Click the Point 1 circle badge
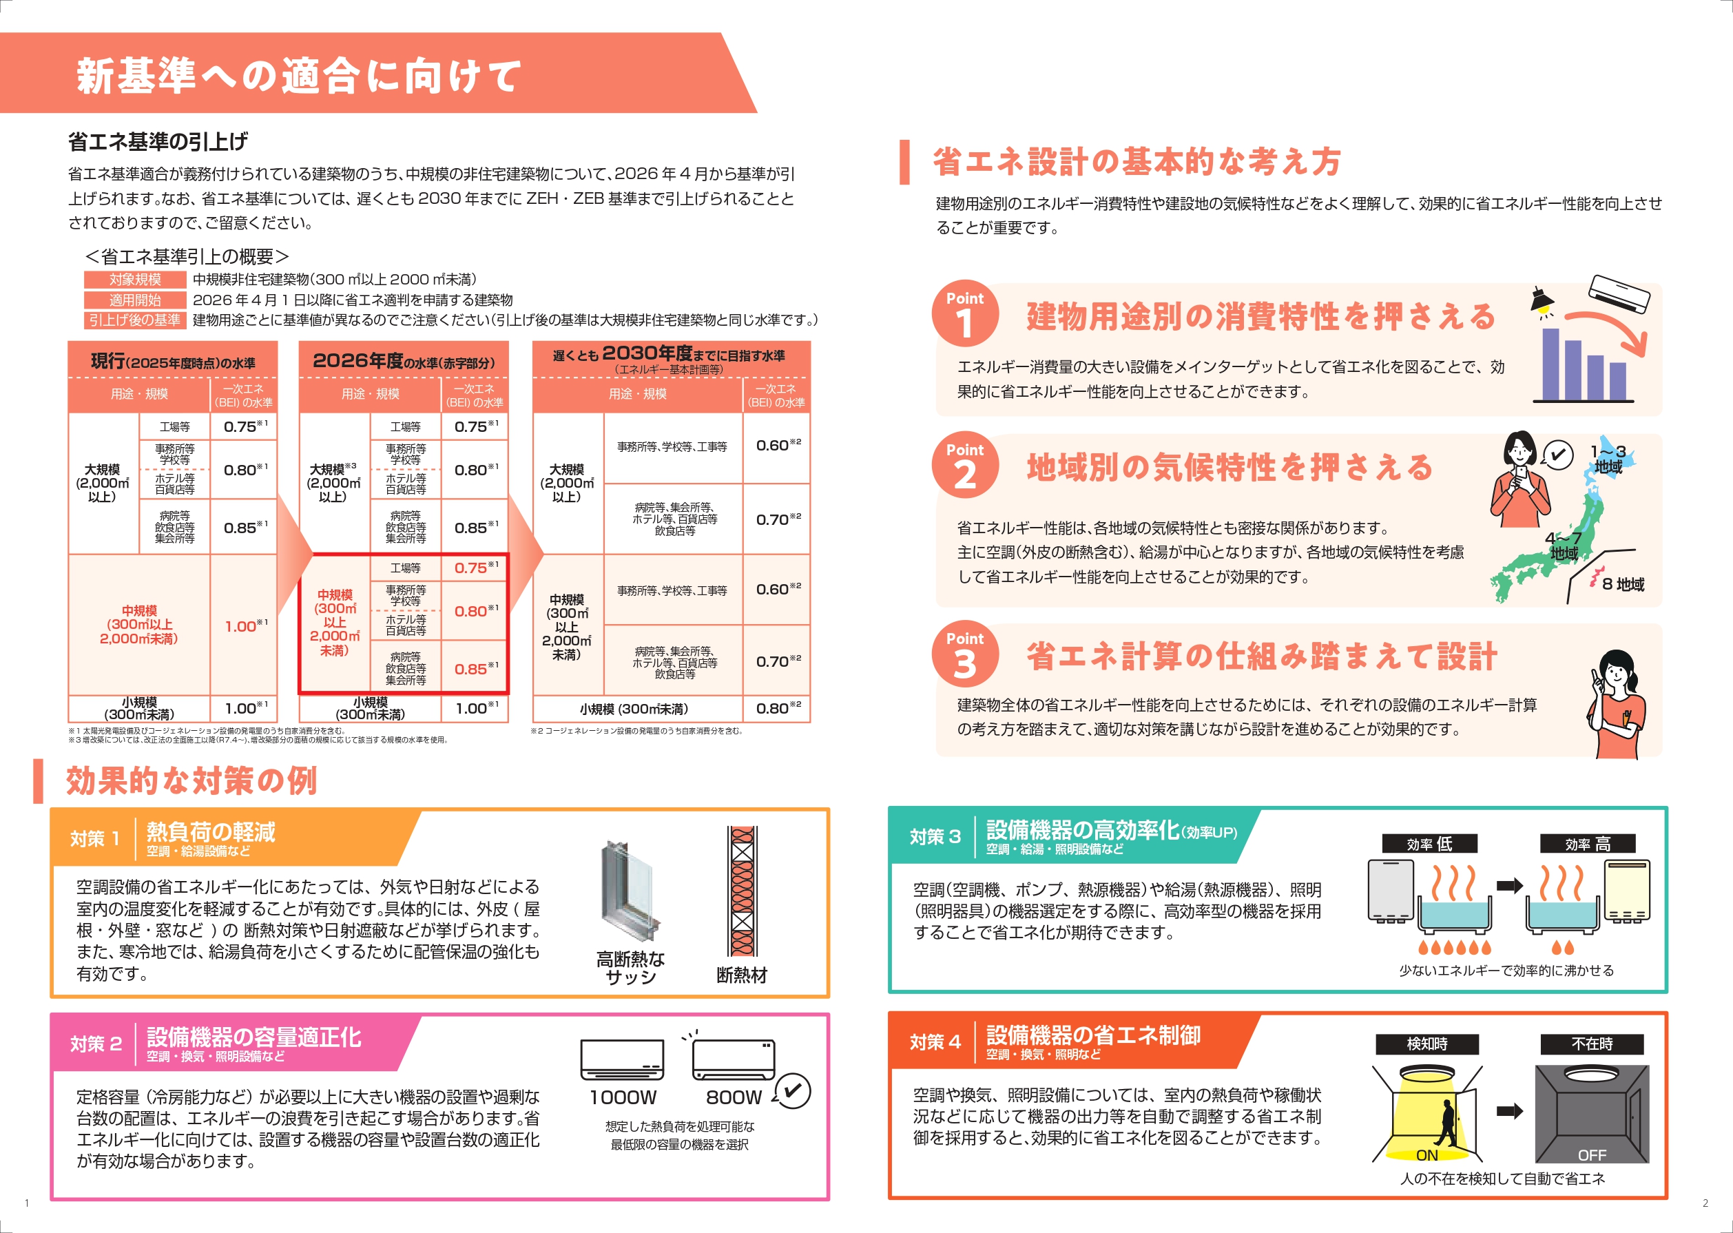point(965,313)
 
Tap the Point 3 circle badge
point(965,654)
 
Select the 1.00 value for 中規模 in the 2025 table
point(245,626)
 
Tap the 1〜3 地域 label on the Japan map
point(1608,459)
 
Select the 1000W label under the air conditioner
point(623,1097)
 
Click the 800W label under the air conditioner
point(734,1097)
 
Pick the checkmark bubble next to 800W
point(793,1091)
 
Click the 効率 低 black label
point(1429,844)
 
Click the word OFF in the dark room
point(1592,1154)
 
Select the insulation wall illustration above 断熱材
point(743,891)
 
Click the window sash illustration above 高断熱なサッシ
point(630,891)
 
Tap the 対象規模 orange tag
point(135,280)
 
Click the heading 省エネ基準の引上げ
point(158,141)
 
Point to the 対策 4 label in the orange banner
point(935,1042)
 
